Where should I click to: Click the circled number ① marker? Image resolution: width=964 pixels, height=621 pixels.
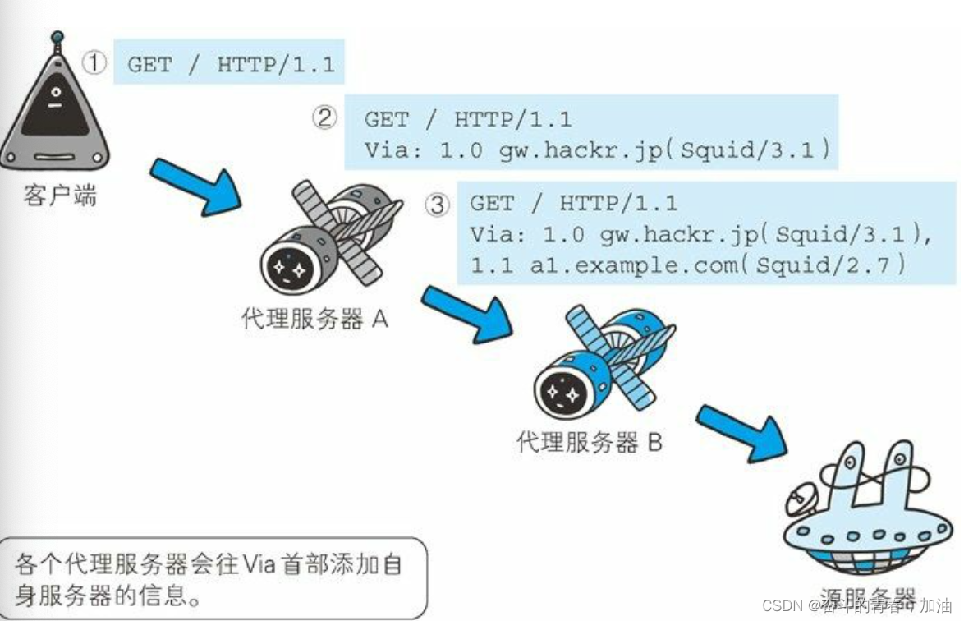pyautogui.click(x=96, y=63)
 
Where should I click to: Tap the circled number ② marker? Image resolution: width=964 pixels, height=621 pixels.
pyautogui.click(x=325, y=118)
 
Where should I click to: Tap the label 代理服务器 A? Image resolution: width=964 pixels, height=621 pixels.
pyautogui.click(x=314, y=319)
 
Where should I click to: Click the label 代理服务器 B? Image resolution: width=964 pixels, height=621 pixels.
pyautogui.click(x=590, y=443)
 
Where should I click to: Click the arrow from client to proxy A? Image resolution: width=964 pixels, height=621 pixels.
pyautogui.click(x=196, y=186)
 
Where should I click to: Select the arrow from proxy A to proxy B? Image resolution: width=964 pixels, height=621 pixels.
pyautogui.click(x=467, y=313)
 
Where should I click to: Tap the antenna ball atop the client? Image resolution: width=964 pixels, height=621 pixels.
pyautogui.click(x=57, y=37)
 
